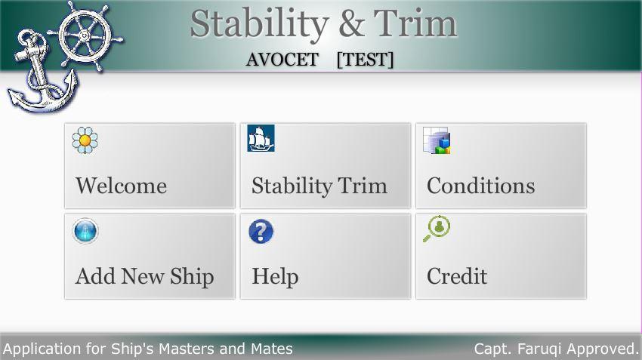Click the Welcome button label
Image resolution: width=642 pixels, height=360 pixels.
121,186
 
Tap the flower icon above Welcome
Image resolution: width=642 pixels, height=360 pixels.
85,140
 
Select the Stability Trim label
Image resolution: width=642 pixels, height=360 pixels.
319,186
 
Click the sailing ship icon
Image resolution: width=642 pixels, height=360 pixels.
261,139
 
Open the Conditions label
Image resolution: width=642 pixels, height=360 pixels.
480,186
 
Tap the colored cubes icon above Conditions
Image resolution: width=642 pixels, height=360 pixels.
437,140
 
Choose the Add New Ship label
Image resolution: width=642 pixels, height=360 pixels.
144,276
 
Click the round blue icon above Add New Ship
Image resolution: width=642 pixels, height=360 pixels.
85,231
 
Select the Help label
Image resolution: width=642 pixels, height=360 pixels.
275,276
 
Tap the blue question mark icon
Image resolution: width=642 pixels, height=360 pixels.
261,231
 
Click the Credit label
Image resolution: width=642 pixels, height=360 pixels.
457,276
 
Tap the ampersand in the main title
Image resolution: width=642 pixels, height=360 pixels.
350,23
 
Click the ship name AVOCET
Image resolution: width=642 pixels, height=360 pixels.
282,60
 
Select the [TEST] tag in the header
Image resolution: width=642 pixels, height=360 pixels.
366,60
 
